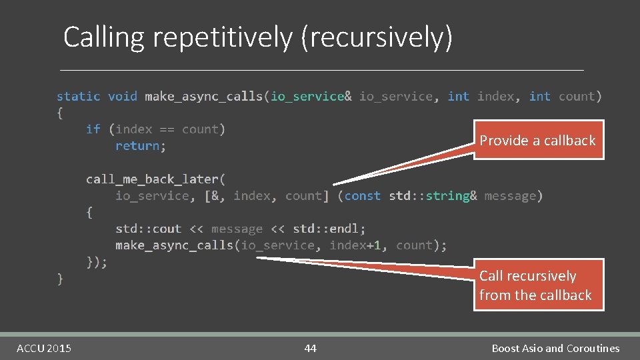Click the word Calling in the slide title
(103, 38)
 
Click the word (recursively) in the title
(377, 38)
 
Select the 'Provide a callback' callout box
(537, 140)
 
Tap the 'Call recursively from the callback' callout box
(536, 285)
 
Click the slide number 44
(310, 348)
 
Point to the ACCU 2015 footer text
(44, 348)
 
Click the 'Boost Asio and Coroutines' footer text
(555, 348)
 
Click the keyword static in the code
(78, 97)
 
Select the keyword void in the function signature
(122, 97)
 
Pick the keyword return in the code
(140, 146)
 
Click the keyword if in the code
(93, 129)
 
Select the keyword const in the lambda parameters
(363, 196)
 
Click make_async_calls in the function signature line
(203, 97)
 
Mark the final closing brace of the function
(60, 278)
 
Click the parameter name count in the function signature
(577, 97)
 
